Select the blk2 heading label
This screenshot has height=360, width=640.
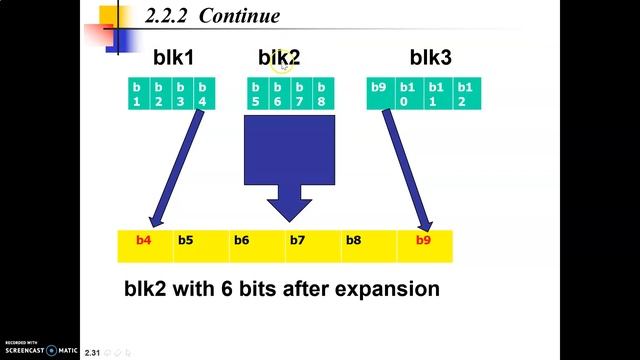(x=279, y=59)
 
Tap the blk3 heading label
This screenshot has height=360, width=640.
(x=430, y=59)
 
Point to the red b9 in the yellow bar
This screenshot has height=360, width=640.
(x=423, y=241)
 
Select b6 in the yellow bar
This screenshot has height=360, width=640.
(x=241, y=241)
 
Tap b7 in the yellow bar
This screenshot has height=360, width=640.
(x=297, y=241)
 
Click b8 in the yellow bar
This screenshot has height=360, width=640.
(x=353, y=241)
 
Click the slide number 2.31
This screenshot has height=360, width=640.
(x=92, y=353)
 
